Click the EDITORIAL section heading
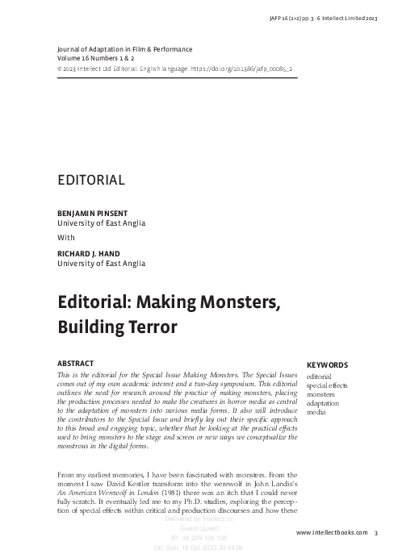click(90, 180)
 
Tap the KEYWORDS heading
click(327, 364)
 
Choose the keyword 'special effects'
click(328, 385)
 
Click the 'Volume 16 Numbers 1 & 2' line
click(101, 59)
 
